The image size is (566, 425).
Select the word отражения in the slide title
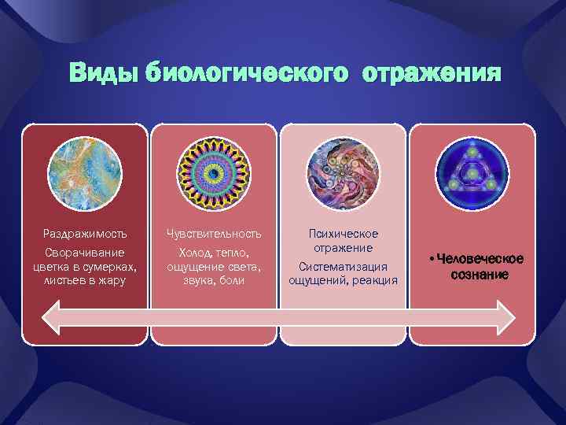coord(432,73)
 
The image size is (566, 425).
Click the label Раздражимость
coord(86,234)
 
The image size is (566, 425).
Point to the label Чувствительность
coord(215,234)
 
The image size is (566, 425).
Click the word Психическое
coord(344,234)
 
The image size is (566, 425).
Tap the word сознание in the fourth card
coord(480,274)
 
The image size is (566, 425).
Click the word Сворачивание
coord(86,253)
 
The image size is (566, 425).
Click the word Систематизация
coord(344,268)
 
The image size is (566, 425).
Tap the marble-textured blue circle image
coord(86,173)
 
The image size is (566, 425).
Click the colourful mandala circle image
coord(215,173)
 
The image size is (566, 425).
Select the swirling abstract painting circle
coord(344,173)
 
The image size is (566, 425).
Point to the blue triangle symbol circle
coord(472,173)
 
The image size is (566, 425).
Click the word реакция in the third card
coord(377,281)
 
